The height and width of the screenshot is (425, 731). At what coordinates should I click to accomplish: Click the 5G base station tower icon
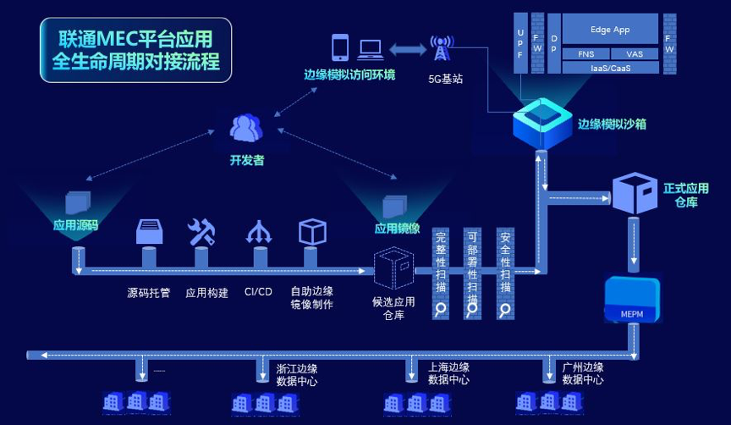pos(440,48)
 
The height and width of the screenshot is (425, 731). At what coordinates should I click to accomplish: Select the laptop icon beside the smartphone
pos(370,49)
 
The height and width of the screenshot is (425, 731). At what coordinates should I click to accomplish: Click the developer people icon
pos(245,128)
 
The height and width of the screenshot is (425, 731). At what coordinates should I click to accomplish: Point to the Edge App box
pos(610,30)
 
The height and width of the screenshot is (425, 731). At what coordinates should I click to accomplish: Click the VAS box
pos(635,53)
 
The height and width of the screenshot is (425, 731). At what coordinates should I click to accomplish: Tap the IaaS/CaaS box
pos(610,66)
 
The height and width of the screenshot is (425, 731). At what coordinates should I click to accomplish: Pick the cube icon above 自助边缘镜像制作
pos(312,231)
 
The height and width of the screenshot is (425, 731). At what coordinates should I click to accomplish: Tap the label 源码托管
pos(148,293)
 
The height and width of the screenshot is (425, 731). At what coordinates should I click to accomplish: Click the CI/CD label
pos(258,293)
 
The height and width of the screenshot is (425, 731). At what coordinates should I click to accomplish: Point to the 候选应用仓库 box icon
pos(393,270)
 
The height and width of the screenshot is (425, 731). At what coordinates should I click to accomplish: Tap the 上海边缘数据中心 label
pos(448,373)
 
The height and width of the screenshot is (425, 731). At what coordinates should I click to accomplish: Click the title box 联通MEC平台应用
pos(135,50)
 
